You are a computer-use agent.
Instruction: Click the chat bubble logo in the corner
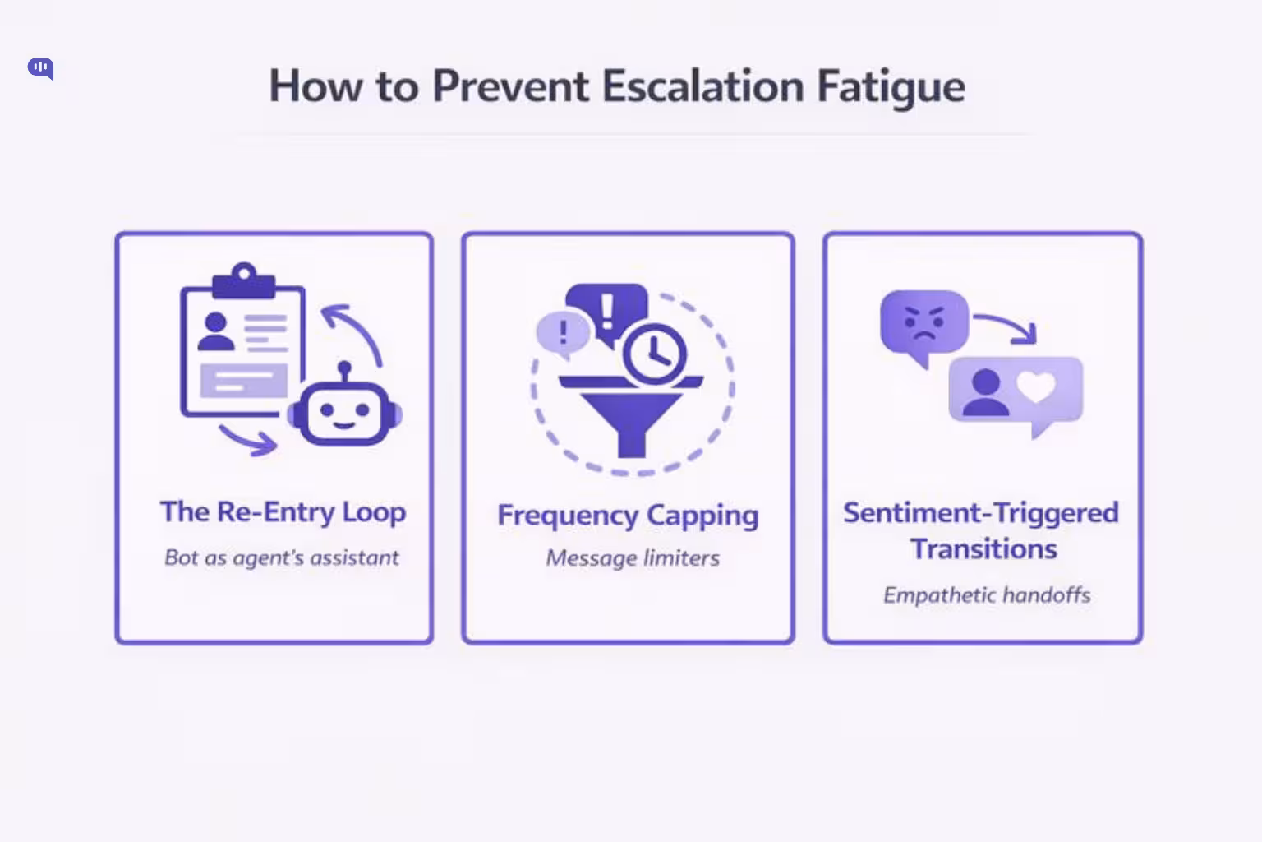coord(40,68)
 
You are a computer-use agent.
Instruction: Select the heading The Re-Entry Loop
coord(283,512)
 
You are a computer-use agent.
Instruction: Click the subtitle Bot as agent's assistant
coord(282,558)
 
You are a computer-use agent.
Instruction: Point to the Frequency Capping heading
coord(628,516)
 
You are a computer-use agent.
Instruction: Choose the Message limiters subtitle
coord(633,558)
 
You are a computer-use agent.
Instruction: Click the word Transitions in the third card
coord(983,549)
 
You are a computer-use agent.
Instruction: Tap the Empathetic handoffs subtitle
coord(987,595)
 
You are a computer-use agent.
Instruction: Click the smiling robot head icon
coord(344,414)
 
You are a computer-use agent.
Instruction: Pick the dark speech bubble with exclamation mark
coord(606,309)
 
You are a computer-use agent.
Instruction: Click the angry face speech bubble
coord(923,322)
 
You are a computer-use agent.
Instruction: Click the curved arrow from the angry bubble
coord(1007,326)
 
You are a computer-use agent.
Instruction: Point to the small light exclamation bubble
coord(563,333)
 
